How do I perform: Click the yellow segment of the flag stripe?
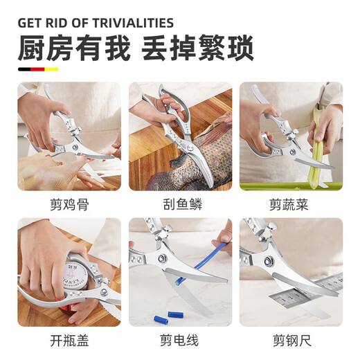coord(52,69)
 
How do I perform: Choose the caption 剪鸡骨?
coord(69,204)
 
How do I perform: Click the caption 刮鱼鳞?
coord(180,204)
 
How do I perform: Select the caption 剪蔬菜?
coord(291,204)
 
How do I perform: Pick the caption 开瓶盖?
coord(69,340)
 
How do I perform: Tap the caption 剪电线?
coord(180,340)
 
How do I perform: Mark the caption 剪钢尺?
coord(291,340)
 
